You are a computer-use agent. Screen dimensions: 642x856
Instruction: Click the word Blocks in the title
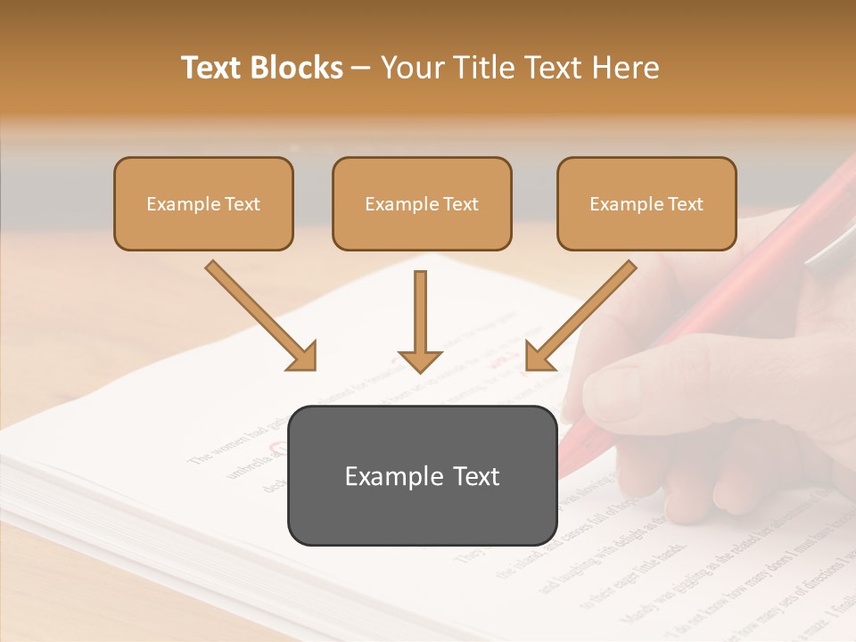pos(299,68)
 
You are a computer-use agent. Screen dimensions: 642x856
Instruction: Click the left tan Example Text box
pos(203,203)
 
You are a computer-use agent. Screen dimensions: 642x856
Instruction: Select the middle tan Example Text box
pos(422,203)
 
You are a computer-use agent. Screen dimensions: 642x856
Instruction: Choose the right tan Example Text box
pos(646,203)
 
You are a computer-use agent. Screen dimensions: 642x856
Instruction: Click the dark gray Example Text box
pos(422,475)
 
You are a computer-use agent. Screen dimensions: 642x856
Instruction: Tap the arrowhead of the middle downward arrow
pos(420,360)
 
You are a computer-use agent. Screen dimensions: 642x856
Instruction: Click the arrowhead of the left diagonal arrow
pos(303,356)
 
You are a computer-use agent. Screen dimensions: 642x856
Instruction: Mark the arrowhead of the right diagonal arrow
pos(539,356)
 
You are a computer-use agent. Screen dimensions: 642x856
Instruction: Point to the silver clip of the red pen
pos(829,250)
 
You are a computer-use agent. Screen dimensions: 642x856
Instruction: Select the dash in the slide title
pos(361,68)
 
